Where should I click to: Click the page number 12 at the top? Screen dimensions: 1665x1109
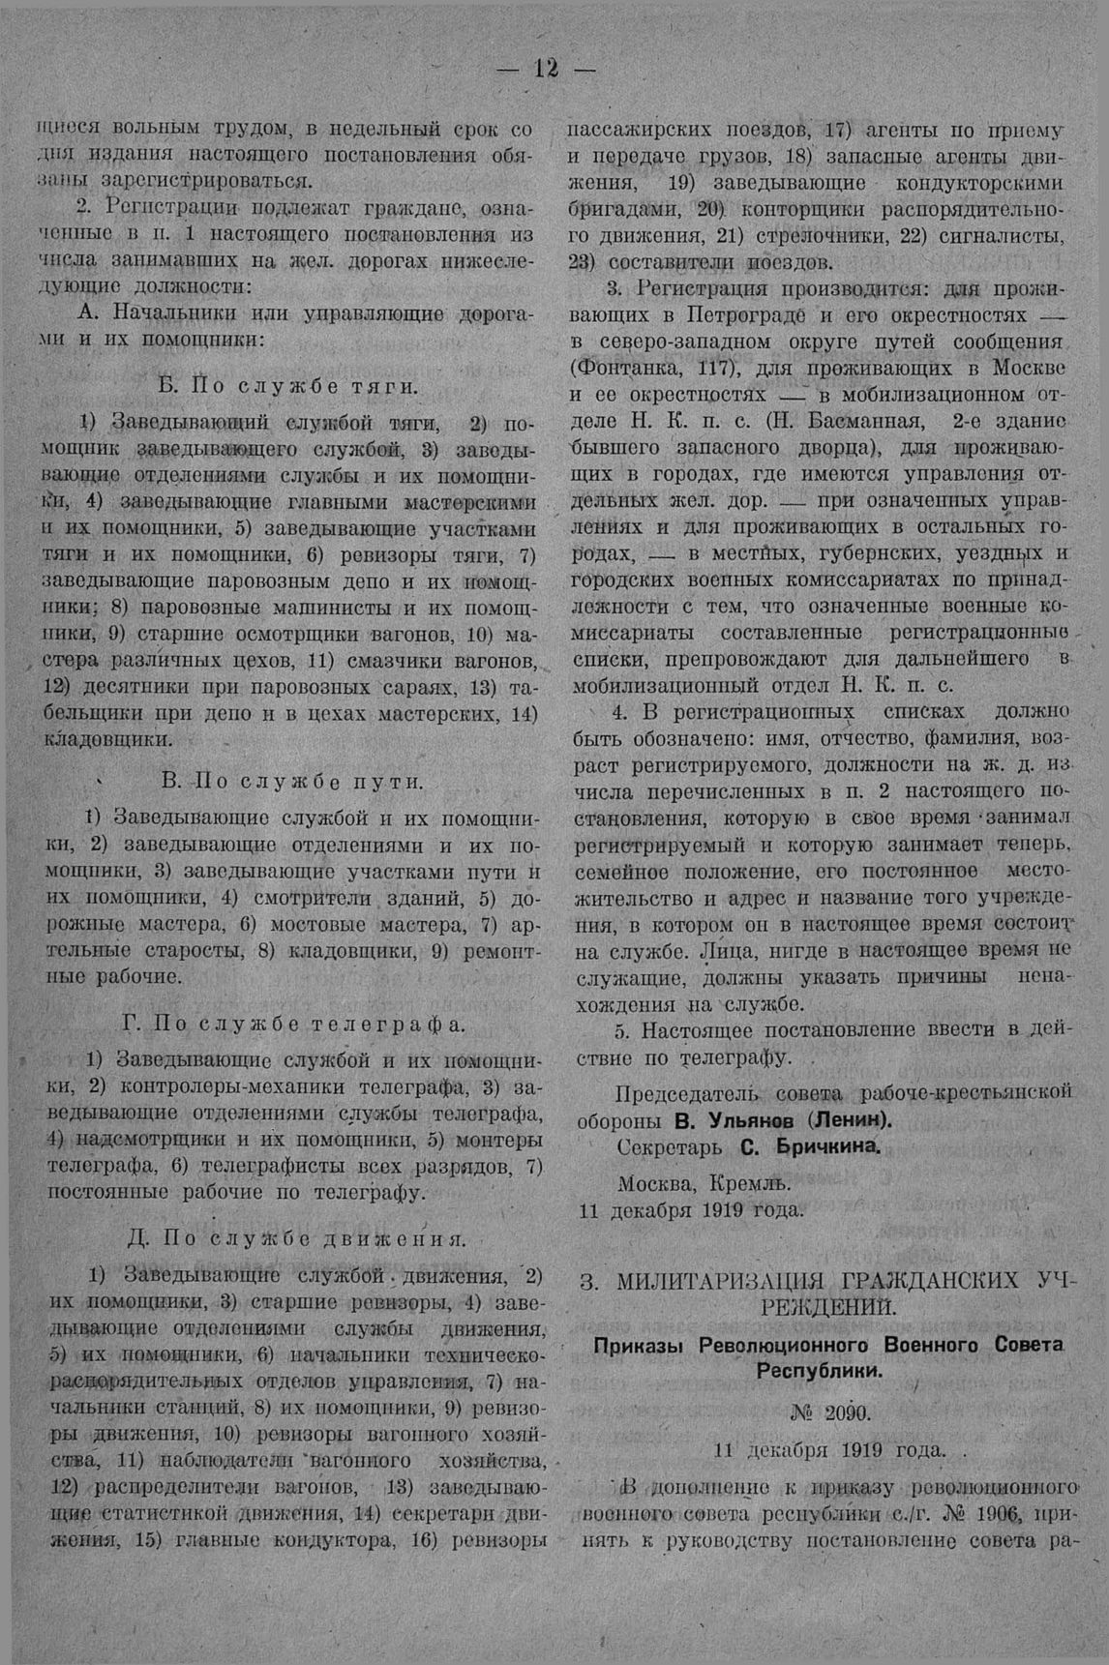(x=547, y=70)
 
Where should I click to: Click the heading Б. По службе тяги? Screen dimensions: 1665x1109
(x=287, y=386)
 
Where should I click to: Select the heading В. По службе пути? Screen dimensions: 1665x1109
(x=291, y=782)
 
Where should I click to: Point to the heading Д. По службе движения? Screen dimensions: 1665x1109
(x=297, y=1238)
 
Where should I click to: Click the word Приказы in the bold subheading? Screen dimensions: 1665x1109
(x=640, y=1345)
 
